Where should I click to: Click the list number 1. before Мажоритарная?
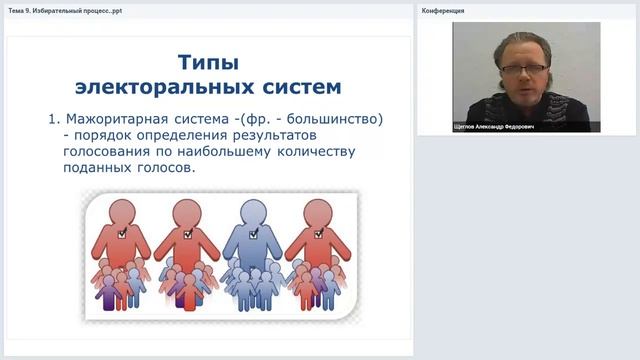[55, 119]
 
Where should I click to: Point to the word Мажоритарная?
[120, 119]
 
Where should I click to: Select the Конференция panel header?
[443, 10]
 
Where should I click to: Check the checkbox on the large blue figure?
[252, 233]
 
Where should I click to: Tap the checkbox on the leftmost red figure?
[121, 233]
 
